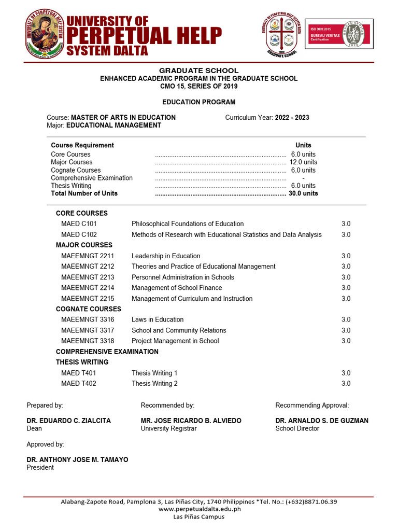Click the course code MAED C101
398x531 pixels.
click(79, 224)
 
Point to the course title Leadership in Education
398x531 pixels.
click(166, 256)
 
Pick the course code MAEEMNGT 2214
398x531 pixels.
click(88, 288)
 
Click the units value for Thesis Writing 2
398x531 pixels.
click(346, 384)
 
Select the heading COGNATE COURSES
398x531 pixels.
click(88, 309)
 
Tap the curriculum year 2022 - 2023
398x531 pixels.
click(292, 118)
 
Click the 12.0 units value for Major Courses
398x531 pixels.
click(303, 162)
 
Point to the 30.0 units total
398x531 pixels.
click(303, 193)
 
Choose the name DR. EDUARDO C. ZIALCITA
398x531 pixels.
click(68, 421)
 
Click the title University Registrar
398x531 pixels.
click(168, 429)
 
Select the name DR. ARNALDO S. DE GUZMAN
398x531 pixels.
click(322, 421)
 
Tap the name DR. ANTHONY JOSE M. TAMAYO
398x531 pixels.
click(77, 460)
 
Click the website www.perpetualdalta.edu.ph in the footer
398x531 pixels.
click(200, 509)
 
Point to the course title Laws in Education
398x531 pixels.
click(158, 319)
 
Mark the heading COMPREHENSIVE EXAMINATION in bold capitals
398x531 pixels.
click(107, 352)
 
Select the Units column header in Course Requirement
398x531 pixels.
click(303, 145)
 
